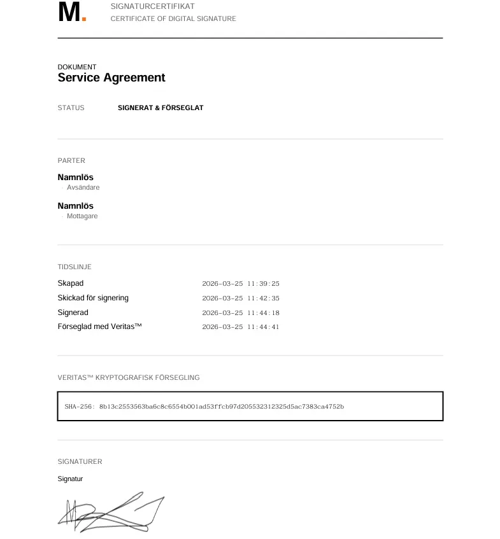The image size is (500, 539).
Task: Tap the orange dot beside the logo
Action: click(84, 19)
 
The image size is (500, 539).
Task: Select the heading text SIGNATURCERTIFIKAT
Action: click(153, 6)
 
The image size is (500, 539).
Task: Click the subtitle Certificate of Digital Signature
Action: click(173, 19)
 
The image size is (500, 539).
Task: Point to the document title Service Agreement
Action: click(111, 78)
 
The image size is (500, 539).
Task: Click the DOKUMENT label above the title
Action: click(77, 67)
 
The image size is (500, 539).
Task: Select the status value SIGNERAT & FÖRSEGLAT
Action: click(161, 108)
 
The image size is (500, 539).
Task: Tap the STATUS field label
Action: click(71, 108)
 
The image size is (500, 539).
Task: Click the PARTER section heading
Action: click(71, 161)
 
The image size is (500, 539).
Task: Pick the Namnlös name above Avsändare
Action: click(75, 177)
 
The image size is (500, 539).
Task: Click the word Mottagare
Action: click(82, 216)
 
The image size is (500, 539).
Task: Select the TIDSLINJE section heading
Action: click(75, 267)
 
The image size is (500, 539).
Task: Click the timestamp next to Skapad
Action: click(241, 284)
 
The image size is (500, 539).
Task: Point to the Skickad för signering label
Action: click(93, 298)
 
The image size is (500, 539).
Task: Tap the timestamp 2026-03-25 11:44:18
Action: click(241, 313)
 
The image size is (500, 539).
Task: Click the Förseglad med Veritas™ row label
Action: click(99, 327)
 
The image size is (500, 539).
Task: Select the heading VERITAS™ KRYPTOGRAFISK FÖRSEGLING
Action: click(129, 378)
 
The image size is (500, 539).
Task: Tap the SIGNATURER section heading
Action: click(80, 462)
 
